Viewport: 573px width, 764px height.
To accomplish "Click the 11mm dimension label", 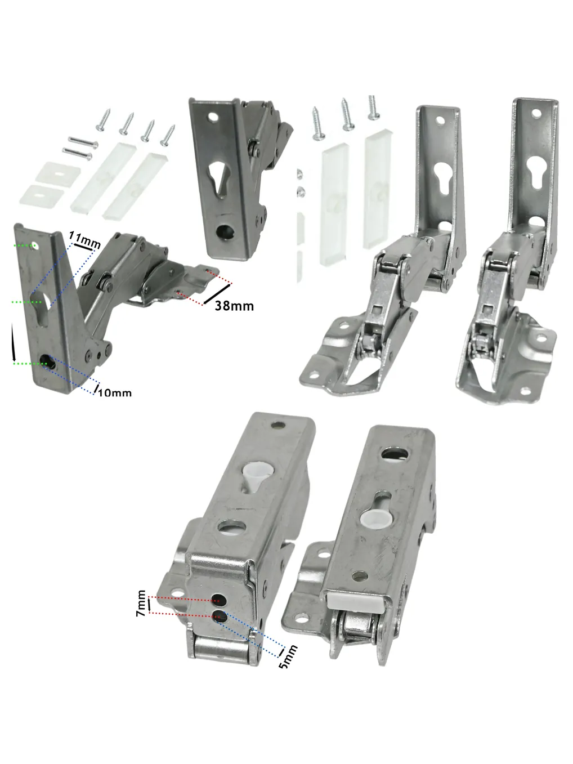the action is (84, 240).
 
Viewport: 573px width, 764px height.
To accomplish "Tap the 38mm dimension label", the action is (234, 306).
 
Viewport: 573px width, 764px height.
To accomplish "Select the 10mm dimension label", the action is (115, 393).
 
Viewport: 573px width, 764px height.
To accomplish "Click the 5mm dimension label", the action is (288, 656).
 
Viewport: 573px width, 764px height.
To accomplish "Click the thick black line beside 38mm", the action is (217, 294).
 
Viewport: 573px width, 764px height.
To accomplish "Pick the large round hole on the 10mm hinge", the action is (46, 360).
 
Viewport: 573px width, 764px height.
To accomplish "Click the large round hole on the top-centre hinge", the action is (225, 231).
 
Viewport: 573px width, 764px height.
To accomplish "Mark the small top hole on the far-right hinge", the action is (536, 113).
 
